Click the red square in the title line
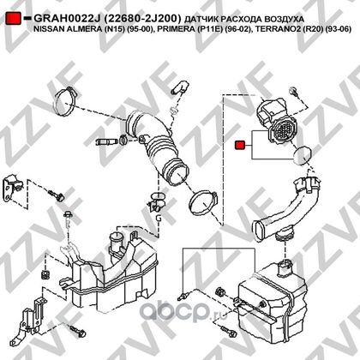coord(13,18)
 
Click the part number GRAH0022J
coord(67,19)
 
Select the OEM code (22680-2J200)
coord(142,19)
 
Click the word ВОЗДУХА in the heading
coord(284,19)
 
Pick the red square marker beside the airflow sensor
coord(239,145)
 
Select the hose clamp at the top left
coord(66,102)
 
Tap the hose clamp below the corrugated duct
coord(202,203)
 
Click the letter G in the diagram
coord(159,218)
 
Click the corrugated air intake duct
coord(156,146)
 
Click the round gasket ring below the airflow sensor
coord(303,155)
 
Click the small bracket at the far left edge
coord(12,189)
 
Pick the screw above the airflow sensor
coord(294,92)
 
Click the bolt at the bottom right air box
coord(229,331)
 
